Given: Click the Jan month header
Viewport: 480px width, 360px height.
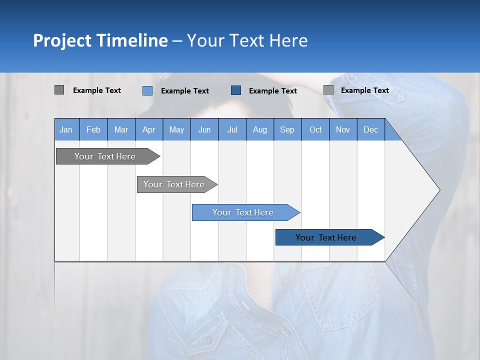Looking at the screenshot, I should pos(66,129).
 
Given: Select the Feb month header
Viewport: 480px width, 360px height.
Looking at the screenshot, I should pos(93,129).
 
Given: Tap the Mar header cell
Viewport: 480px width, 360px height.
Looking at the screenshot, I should pos(121,129).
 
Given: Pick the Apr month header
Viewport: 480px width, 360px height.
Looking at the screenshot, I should pos(149,129).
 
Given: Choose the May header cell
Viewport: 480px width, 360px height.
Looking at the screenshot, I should pos(176,129).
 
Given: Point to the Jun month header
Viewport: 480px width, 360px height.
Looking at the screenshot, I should pos(204,129).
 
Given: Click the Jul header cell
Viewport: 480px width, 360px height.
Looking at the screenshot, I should pos(232,129).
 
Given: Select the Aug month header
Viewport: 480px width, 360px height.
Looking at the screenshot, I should pos(260,129).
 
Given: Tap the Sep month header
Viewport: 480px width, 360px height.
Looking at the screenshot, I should pos(287,129).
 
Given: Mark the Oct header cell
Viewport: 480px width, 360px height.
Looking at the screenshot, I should pos(315,129).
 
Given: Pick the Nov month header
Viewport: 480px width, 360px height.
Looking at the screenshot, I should pos(343,129).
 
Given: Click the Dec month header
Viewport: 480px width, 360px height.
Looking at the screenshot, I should pos(371,129).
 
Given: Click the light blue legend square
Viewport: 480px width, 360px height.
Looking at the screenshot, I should pos(147,90).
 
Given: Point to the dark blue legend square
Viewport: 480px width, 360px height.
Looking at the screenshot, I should pos(236,90).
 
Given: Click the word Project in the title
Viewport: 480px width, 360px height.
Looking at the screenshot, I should pos(63,40).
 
